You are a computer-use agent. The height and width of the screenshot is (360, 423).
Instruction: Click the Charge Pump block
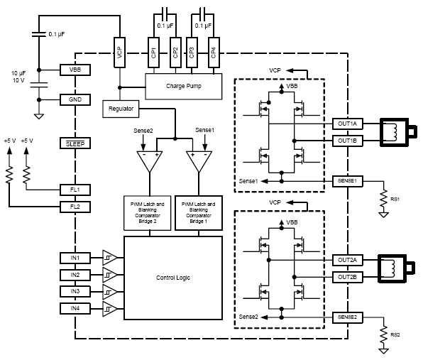[x=183, y=87]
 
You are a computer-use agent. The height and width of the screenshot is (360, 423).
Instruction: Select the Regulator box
[x=121, y=109]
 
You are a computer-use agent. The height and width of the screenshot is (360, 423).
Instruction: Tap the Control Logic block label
[x=173, y=278]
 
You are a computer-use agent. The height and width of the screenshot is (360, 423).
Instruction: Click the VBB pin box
[x=75, y=70]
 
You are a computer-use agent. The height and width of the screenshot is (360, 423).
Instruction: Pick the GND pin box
[x=75, y=99]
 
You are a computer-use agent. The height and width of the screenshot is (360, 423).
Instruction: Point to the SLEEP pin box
[x=75, y=143]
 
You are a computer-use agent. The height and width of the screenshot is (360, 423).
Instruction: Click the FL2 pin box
[x=75, y=207]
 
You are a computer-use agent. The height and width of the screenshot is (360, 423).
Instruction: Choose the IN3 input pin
[x=75, y=291]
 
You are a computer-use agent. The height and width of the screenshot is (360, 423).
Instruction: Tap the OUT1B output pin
[x=348, y=141]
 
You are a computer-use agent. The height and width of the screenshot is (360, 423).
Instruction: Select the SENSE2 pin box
[x=348, y=317]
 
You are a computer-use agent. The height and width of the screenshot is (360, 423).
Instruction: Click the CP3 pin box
[x=192, y=53]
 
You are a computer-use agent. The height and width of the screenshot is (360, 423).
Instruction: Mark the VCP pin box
[x=119, y=53]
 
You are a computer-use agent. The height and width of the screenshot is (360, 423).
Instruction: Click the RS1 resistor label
[x=395, y=199]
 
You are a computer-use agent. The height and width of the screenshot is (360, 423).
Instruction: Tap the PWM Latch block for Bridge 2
[x=148, y=213]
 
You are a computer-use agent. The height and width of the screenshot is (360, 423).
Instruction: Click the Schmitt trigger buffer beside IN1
[x=109, y=258]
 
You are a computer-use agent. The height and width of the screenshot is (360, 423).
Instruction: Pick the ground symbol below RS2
[x=383, y=351]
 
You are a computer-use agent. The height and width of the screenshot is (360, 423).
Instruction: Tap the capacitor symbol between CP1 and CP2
[x=165, y=14]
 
